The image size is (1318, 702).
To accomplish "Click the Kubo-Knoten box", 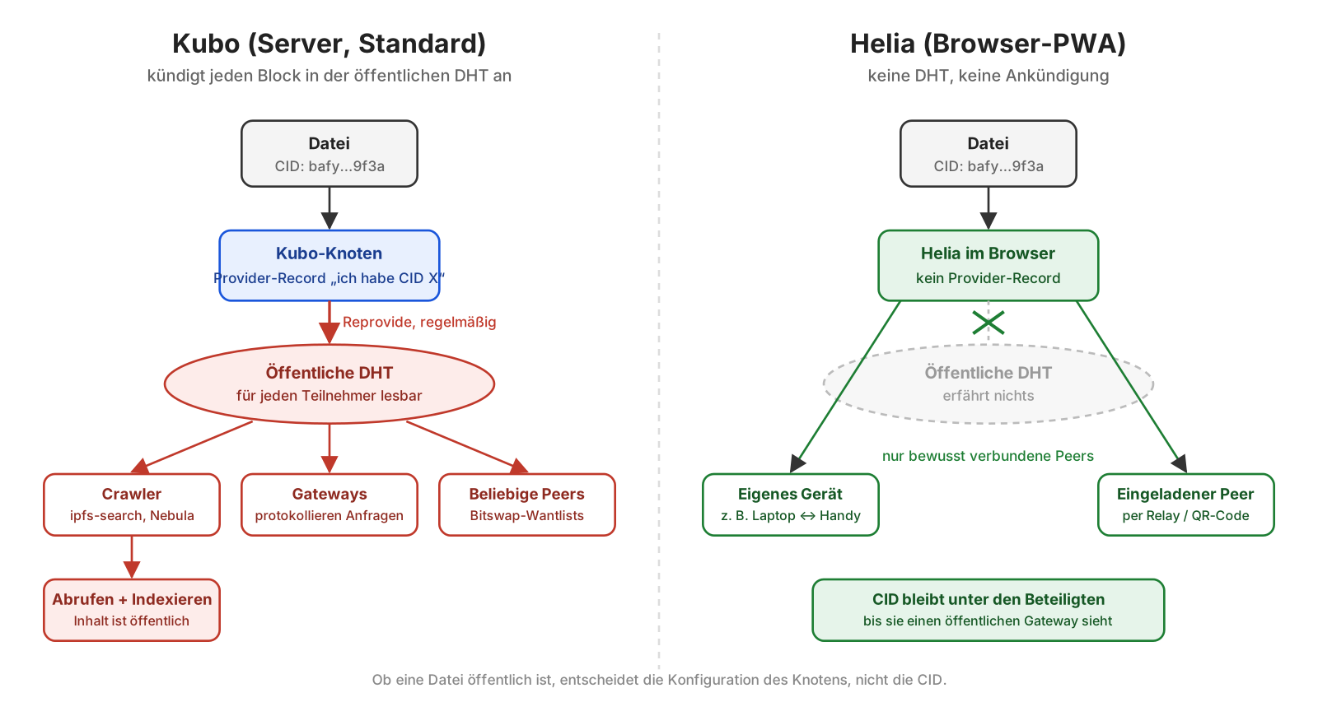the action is click(329, 266).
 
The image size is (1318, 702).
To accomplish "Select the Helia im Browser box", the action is click(988, 266).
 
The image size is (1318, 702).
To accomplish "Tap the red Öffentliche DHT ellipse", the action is click(329, 384).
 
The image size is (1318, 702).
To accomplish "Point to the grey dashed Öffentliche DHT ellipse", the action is click(988, 384).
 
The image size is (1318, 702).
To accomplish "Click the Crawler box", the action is click(132, 504).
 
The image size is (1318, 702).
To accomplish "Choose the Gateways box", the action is click(329, 504).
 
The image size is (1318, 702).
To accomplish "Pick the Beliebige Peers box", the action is click(527, 504).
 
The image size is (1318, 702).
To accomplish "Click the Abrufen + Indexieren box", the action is click(132, 610).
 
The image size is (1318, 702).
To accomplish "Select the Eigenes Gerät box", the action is click(790, 504).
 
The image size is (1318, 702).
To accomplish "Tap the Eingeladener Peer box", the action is click(1185, 504).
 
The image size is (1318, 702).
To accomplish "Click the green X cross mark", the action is click(988, 322).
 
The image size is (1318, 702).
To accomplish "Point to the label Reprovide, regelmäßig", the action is click(419, 322).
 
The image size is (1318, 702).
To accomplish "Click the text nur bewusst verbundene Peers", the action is click(988, 456).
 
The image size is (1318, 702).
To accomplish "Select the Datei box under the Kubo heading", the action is click(329, 153).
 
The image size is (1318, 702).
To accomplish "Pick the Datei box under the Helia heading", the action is click(988, 153).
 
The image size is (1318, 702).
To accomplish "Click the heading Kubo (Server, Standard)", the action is click(329, 44).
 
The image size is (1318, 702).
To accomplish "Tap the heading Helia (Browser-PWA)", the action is click(988, 44).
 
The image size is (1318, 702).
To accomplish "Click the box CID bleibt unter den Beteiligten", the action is click(988, 610).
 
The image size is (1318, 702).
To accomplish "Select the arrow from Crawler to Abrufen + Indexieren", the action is click(132, 557).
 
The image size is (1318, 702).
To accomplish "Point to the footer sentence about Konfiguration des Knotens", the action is click(659, 680).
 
